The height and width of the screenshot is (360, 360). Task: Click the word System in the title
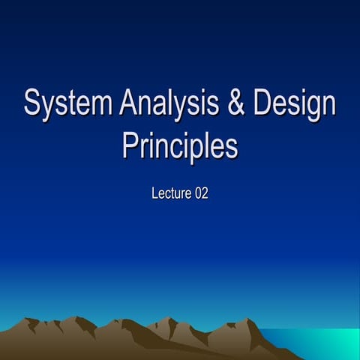[68, 105]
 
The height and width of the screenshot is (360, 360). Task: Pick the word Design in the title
[294, 105]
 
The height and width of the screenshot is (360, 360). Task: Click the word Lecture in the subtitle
[171, 193]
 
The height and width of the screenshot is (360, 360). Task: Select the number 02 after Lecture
[200, 193]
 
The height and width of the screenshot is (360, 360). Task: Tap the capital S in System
[32, 104]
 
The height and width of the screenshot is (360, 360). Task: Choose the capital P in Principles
[131, 144]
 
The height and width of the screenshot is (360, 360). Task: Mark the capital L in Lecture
[154, 193]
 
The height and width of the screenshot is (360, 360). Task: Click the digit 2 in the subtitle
[204, 193]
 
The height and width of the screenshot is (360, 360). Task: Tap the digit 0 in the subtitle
[197, 193]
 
